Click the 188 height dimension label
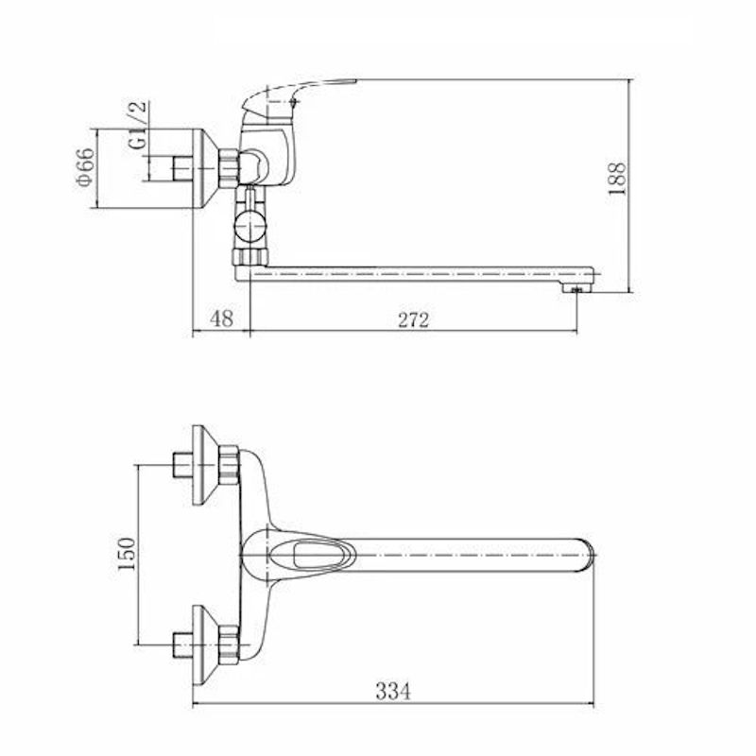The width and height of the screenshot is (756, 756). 617,179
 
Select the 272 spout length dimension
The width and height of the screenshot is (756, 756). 413,319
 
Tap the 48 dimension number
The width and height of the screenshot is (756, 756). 222,318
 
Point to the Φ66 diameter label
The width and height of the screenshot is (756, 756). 85,167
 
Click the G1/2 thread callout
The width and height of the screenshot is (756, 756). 138,125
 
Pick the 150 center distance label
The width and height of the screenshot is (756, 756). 128,554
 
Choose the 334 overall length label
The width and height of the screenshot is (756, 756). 393,692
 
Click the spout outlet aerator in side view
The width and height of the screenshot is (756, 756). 576,289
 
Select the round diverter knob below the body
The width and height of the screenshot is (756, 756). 249,225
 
